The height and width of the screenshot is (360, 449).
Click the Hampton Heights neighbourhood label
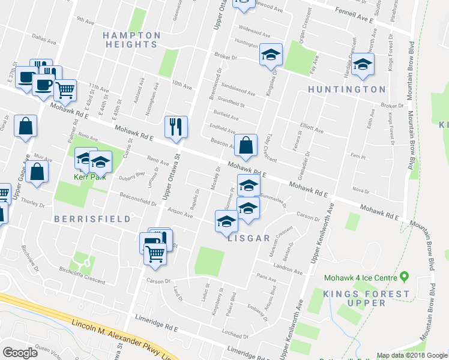tap(131, 40)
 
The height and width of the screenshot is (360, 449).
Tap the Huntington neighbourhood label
tap(346, 89)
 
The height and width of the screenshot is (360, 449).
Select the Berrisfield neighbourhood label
tap(92, 219)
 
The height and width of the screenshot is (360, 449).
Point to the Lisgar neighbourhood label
tap(249, 238)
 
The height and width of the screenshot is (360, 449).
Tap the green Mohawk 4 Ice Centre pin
tap(404, 277)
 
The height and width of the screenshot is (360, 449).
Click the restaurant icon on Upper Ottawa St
tap(176, 127)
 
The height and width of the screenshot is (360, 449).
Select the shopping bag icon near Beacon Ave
tap(246, 145)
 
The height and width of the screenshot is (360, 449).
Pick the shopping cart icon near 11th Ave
tap(65, 90)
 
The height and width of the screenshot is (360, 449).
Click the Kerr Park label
tap(85, 177)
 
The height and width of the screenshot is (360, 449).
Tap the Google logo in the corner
tap(20, 353)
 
